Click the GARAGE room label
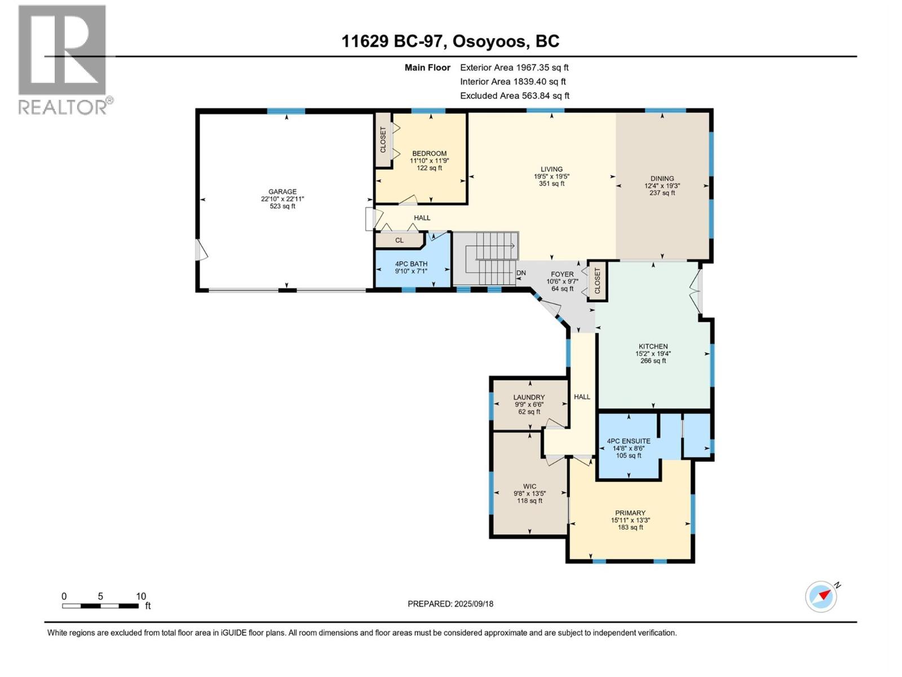pyautogui.click(x=282, y=192)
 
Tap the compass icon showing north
pyautogui.click(x=821, y=596)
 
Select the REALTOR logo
pyautogui.click(x=63, y=59)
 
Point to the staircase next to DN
pyautogui.click(x=486, y=260)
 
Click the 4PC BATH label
pyautogui.click(x=411, y=263)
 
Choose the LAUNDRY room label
pyautogui.click(x=529, y=397)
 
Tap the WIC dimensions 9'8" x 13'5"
pyautogui.click(x=529, y=493)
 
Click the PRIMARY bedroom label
pyautogui.click(x=630, y=513)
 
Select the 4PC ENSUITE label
pyautogui.click(x=628, y=441)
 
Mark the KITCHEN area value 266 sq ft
pyautogui.click(x=653, y=361)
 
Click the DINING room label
pyautogui.click(x=662, y=178)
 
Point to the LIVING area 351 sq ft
pyautogui.click(x=551, y=183)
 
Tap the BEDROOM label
pyautogui.click(x=429, y=153)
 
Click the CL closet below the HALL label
pyautogui.click(x=399, y=240)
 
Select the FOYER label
pyautogui.click(x=562, y=274)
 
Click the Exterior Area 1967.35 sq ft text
pyautogui.click(x=514, y=67)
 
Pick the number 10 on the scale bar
pyautogui.click(x=141, y=596)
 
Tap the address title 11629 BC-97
pyautogui.click(x=394, y=41)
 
